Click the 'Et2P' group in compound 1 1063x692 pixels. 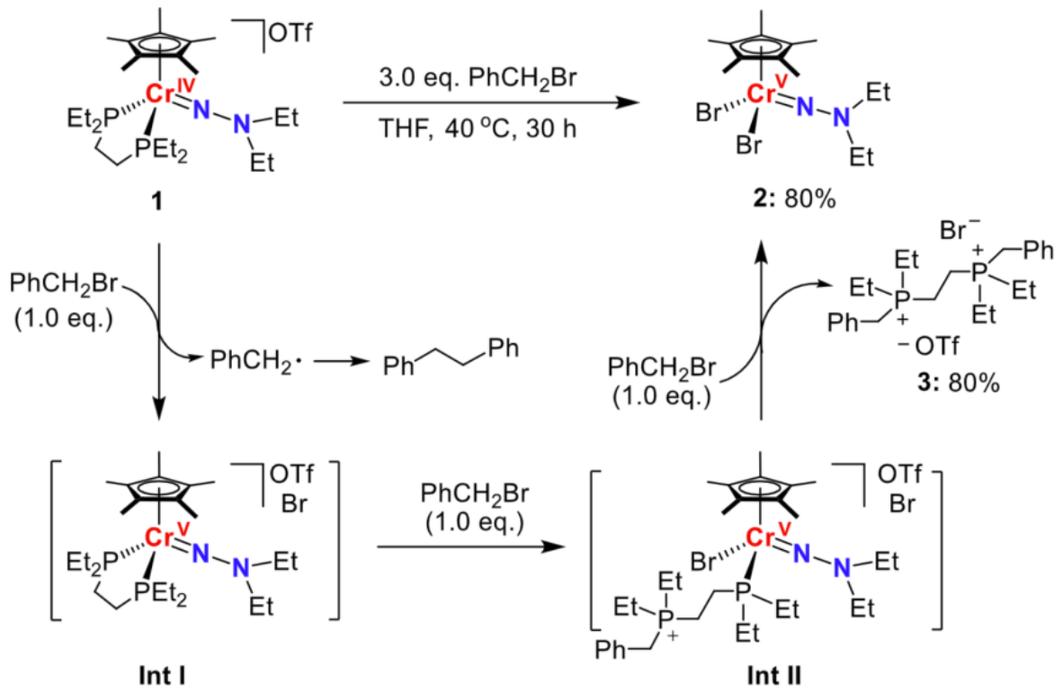pyautogui.click(x=90, y=117)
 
